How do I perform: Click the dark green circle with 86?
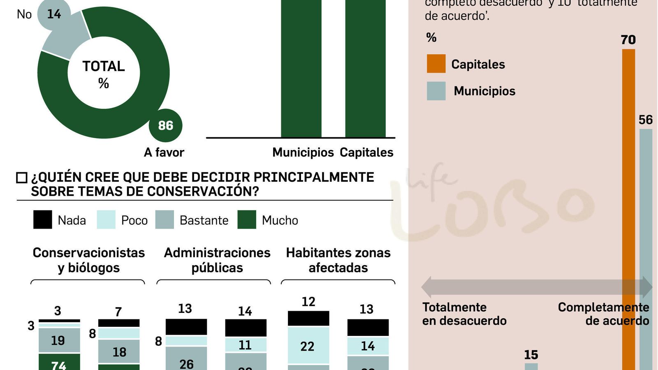coord(165,125)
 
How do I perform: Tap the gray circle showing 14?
coord(53,14)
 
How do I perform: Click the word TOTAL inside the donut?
coord(104,66)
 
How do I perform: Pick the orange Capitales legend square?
coord(436,64)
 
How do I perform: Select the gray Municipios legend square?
coord(436,91)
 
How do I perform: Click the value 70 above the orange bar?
coord(628,40)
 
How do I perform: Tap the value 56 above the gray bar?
coord(645,120)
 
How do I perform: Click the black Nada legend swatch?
coord(43,220)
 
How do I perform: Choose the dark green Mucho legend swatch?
coord(247,220)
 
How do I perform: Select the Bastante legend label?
coord(204,220)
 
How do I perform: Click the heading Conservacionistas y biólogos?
coord(89,260)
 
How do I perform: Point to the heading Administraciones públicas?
coord(217,260)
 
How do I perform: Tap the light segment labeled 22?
coord(308,346)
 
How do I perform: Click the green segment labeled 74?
coord(59,364)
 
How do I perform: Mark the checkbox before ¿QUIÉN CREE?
coord(21,178)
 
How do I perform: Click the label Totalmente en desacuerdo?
coord(464,314)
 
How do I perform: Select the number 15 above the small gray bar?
coord(531,355)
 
